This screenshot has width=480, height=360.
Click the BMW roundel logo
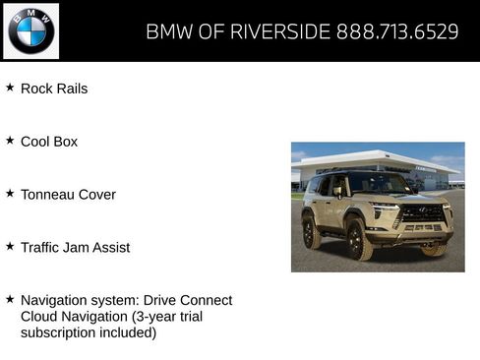31,31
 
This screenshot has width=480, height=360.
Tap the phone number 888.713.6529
397,31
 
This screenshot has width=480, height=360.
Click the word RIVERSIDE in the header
279,31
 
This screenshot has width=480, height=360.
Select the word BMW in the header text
169,31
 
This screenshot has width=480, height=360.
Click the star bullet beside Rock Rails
10,88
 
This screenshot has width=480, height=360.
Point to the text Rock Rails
54,89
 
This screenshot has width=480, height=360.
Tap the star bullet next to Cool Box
10,141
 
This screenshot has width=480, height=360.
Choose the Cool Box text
49,142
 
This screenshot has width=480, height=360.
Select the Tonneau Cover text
68,195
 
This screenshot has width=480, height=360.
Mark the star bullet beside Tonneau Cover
10,194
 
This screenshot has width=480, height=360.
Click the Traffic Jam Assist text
75,248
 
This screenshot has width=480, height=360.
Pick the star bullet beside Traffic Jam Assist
10,247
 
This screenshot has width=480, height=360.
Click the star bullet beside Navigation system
10,299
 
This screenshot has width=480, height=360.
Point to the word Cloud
40,316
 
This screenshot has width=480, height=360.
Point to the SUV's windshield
379,184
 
